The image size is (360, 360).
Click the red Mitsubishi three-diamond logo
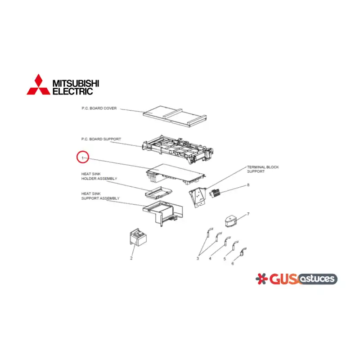tap(38, 85)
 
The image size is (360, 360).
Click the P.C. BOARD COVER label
tap(99, 108)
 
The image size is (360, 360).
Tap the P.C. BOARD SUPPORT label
tap(101, 139)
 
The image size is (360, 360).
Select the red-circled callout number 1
tap(83, 158)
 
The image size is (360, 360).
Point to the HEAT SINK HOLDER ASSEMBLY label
tap(99, 176)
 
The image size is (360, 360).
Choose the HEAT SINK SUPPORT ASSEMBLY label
tap(100, 196)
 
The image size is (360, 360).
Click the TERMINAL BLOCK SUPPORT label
tap(263, 169)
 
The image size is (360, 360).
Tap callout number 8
tap(248, 185)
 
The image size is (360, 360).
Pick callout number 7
tap(248, 214)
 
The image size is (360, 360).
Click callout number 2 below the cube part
tap(131, 258)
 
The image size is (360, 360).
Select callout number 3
tap(198, 258)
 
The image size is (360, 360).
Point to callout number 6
tap(233, 264)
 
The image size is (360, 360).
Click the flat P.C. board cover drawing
tap(175, 117)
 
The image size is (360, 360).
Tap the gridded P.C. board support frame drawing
tap(178, 149)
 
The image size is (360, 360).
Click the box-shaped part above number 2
tap(138, 237)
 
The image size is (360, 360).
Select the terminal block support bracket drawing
tap(198, 197)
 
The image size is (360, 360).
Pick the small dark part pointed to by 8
tap(215, 193)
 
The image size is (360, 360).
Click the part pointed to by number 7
tap(231, 221)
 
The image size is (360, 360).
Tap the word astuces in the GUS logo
tap(317, 279)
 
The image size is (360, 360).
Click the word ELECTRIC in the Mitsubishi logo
tap(72, 91)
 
